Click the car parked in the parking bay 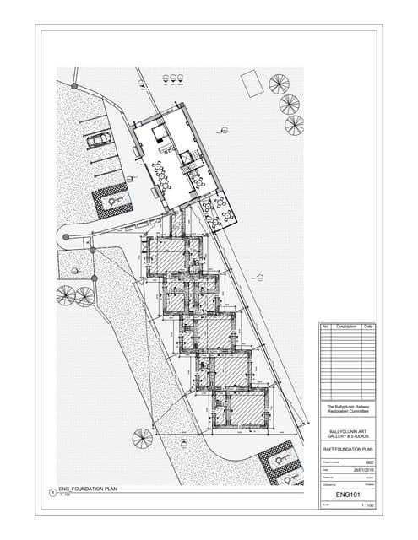(x=99, y=138)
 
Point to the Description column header (x=346, y=326)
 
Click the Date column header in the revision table (x=369, y=326)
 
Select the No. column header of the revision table (x=325, y=326)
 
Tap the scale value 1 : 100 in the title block (x=366, y=505)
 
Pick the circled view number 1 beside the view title (x=52, y=491)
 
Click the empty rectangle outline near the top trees (x=251, y=83)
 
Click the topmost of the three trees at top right (x=279, y=84)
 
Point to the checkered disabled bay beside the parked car (x=111, y=200)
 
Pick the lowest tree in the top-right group (x=294, y=125)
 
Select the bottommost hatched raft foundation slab (x=244, y=413)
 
